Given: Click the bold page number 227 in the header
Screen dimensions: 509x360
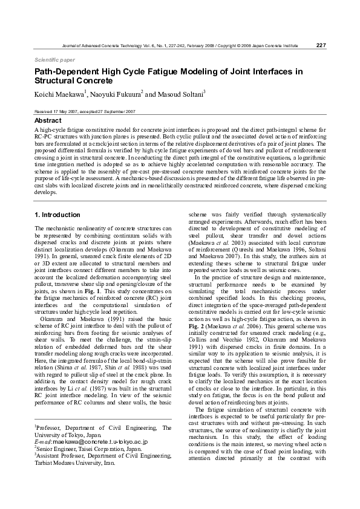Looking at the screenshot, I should coord(321,45).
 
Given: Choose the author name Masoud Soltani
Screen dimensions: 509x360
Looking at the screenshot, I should coord(181,94).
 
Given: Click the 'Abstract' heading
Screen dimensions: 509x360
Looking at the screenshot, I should coord(48,121).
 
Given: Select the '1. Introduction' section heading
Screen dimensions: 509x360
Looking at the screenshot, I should coord(57,215).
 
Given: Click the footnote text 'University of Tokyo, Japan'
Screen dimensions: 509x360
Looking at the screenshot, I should coord(67,435).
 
